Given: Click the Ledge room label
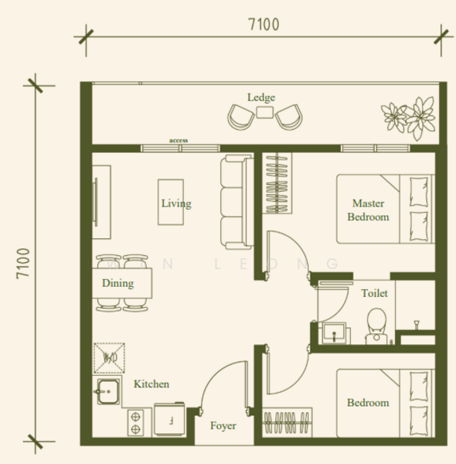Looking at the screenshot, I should click(260, 97).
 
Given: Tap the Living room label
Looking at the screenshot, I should click(175, 203).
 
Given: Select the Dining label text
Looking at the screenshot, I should click(117, 283).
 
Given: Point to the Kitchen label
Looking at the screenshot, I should click(151, 384).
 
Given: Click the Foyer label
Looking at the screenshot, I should click(223, 425).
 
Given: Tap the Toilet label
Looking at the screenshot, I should click(374, 293).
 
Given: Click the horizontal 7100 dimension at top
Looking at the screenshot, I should click(263, 25).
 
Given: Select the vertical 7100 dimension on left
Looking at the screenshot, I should click(23, 264).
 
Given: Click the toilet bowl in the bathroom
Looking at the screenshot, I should click(376, 325).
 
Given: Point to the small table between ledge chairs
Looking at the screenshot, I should click(264, 114).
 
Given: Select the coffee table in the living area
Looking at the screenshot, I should click(171, 203).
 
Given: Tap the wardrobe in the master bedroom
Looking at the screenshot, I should click(276, 183).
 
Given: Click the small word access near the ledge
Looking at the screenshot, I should click(179, 141).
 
